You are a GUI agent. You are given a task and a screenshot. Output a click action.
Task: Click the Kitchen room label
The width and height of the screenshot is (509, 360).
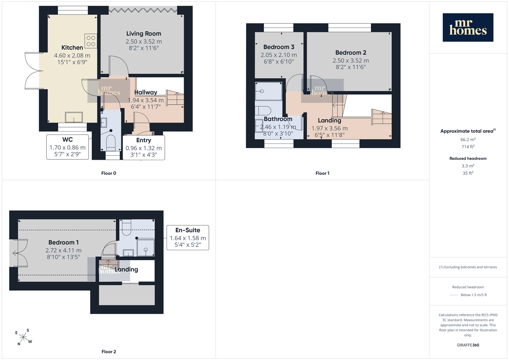[72, 47]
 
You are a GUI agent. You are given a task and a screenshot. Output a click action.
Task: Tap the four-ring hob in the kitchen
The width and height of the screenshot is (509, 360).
[90, 41]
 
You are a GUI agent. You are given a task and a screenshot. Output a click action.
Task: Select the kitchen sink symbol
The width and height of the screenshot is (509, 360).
[74, 118]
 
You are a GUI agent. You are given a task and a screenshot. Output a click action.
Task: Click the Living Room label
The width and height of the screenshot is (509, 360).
[144, 34]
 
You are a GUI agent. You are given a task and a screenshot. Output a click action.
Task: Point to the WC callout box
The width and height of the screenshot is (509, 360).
[67, 147]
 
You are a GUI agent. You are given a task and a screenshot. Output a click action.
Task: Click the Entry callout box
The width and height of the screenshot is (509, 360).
[144, 148]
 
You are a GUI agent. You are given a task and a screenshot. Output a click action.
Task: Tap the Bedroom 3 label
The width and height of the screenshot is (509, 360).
[279, 47]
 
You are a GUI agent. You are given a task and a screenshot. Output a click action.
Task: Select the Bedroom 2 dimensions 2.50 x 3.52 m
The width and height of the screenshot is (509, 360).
[351, 61]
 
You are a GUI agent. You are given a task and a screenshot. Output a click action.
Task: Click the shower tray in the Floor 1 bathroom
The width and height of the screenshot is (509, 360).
[268, 91]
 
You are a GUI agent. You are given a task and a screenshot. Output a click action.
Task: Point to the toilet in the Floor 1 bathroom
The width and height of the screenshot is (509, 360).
[263, 111]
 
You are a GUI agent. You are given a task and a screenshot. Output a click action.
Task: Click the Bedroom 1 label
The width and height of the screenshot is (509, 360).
[63, 242]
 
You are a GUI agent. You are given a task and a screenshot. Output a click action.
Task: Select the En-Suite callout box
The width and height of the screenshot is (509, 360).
[188, 237]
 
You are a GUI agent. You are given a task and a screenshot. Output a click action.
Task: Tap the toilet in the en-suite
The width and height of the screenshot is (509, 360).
[127, 227]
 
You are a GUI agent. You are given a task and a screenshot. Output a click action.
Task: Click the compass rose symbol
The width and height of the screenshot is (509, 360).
[23, 337]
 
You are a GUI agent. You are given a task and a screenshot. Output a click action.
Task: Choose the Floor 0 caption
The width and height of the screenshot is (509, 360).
[109, 173]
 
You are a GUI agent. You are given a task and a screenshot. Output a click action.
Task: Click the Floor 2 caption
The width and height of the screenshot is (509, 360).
[109, 352]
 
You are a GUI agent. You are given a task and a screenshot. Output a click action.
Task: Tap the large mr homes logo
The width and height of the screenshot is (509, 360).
[468, 28]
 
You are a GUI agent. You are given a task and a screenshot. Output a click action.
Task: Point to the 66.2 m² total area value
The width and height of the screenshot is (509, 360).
[468, 139]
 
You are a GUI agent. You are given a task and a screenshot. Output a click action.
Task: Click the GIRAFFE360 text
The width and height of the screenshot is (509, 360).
[468, 345]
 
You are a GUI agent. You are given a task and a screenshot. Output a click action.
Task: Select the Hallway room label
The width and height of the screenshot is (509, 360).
[146, 92]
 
